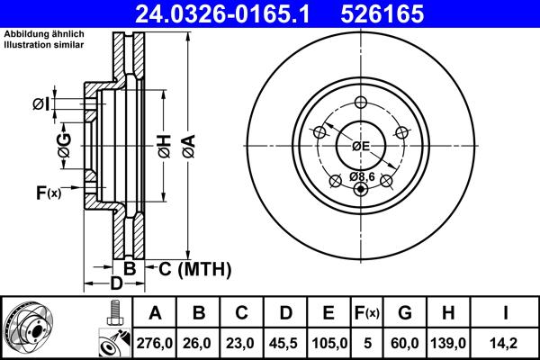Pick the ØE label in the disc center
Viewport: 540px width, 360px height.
pyautogui.click(x=362, y=146)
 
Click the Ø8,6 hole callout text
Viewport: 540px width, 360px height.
pyautogui.click(x=363, y=176)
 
